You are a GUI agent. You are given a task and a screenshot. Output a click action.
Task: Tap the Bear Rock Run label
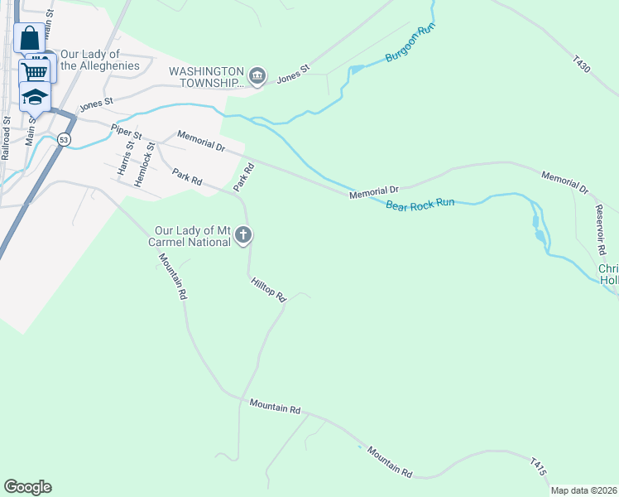[x=420, y=203]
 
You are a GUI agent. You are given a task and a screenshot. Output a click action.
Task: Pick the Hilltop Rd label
[x=268, y=289]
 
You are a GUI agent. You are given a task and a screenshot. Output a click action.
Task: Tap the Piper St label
[x=127, y=131]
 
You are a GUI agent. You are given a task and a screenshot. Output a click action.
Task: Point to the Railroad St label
[x=7, y=138]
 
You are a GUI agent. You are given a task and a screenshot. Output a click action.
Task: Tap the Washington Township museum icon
[x=257, y=77]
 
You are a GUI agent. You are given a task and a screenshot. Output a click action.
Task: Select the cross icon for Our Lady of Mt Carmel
[x=243, y=236]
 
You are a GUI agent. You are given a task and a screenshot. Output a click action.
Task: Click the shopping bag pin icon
[x=29, y=37]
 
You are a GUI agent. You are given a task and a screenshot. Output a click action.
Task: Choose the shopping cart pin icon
[x=35, y=71]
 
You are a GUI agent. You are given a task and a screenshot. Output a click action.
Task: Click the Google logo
[x=27, y=487]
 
